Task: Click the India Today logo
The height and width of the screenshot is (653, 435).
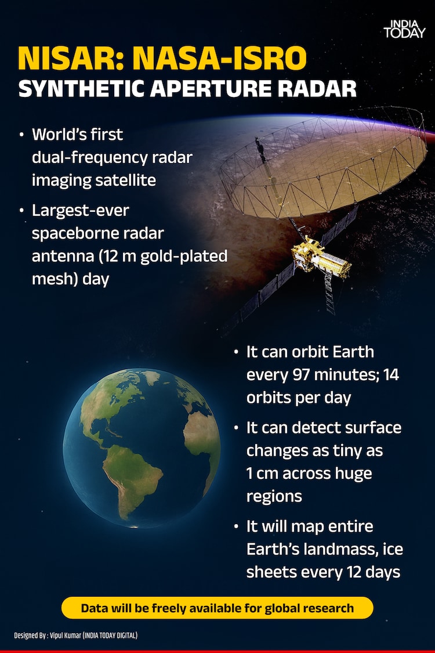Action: tap(404, 29)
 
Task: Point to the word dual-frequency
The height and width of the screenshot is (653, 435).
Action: tap(89, 157)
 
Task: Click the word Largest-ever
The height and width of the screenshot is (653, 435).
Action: tap(81, 210)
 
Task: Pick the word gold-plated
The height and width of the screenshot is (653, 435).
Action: tap(184, 256)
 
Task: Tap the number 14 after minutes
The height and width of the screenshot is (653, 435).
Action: tap(391, 375)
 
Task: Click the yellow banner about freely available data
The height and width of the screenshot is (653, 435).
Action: tap(217, 608)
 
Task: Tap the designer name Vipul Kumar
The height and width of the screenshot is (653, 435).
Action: tap(66, 635)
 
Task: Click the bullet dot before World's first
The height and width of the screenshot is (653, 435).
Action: tap(21, 135)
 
